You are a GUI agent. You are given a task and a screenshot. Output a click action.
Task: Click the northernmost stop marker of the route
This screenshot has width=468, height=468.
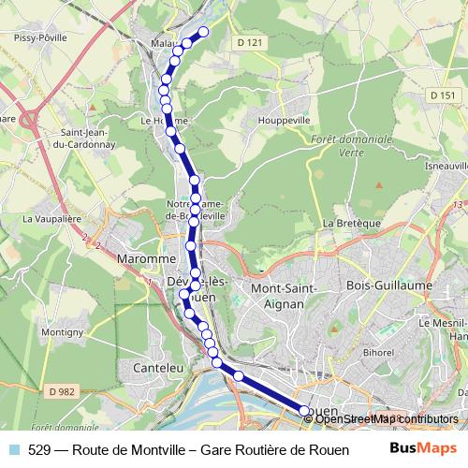click(202, 32)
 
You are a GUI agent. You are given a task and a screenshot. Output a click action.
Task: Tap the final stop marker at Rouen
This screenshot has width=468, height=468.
click(303, 411)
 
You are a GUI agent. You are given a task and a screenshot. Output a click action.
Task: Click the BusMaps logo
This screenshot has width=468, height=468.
click(423, 447)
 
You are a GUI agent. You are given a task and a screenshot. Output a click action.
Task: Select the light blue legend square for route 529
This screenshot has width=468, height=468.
click(13, 448)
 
